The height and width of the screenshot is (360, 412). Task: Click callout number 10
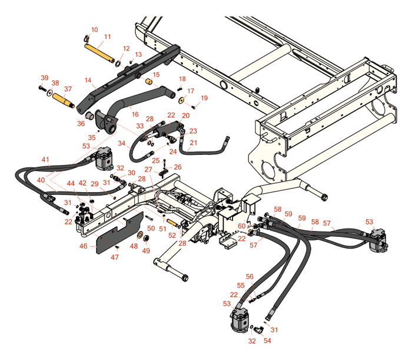[x=95, y=29]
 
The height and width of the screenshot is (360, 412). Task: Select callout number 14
[x=88, y=80]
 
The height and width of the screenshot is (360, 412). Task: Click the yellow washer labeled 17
[x=182, y=100]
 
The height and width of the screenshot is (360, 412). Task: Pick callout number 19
[x=204, y=98]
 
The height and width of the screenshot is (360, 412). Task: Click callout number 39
[x=45, y=78]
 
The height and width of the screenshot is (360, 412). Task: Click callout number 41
[x=45, y=160]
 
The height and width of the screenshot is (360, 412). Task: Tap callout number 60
[x=242, y=226]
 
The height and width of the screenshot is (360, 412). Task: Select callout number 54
[x=268, y=341]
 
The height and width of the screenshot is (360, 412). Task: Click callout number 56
[x=250, y=276]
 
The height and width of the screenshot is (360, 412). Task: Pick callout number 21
[x=194, y=143]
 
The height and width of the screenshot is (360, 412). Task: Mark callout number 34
[x=121, y=143]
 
